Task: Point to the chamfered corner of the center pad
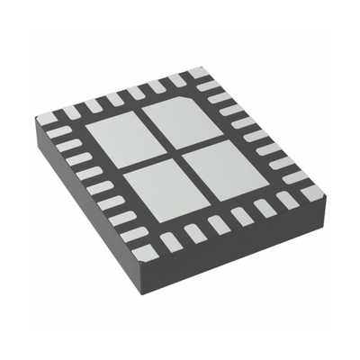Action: (x=197, y=103)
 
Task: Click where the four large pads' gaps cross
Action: (x=171, y=154)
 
